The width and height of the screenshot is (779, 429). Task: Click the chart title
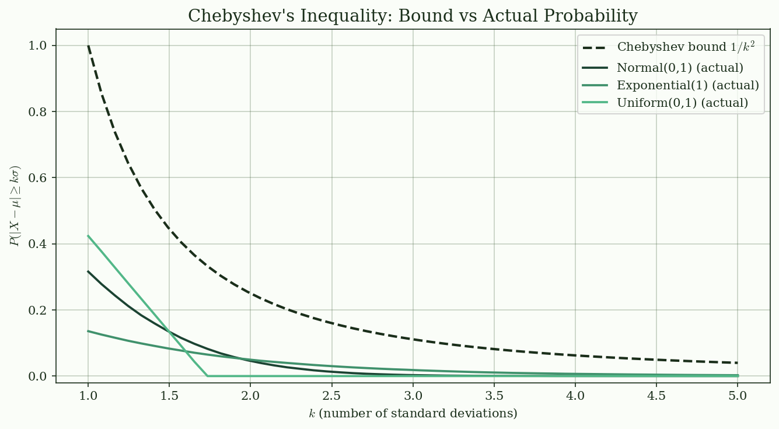[x=413, y=16]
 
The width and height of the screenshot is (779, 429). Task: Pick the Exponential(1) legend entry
[x=687, y=85]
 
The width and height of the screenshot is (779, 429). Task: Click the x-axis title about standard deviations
[x=413, y=414]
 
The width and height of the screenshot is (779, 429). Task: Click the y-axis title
[x=16, y=206]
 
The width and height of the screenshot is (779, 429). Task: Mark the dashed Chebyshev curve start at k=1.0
[x=88, y=46]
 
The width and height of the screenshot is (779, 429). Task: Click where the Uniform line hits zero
[x=207, y=376]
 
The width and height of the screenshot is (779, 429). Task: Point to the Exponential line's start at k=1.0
[x=88, y=331]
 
